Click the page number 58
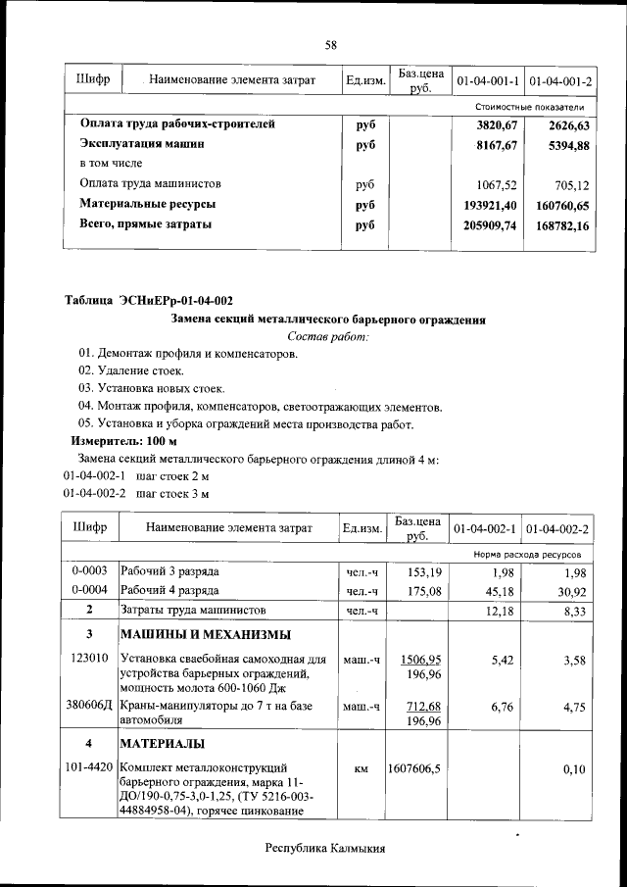(x=331, y=45)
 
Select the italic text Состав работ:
(x=328, y=337)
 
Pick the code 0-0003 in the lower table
(x=90, y=571)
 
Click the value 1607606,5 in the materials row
(x=418, y=770)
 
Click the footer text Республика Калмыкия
(x=325, y=849)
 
